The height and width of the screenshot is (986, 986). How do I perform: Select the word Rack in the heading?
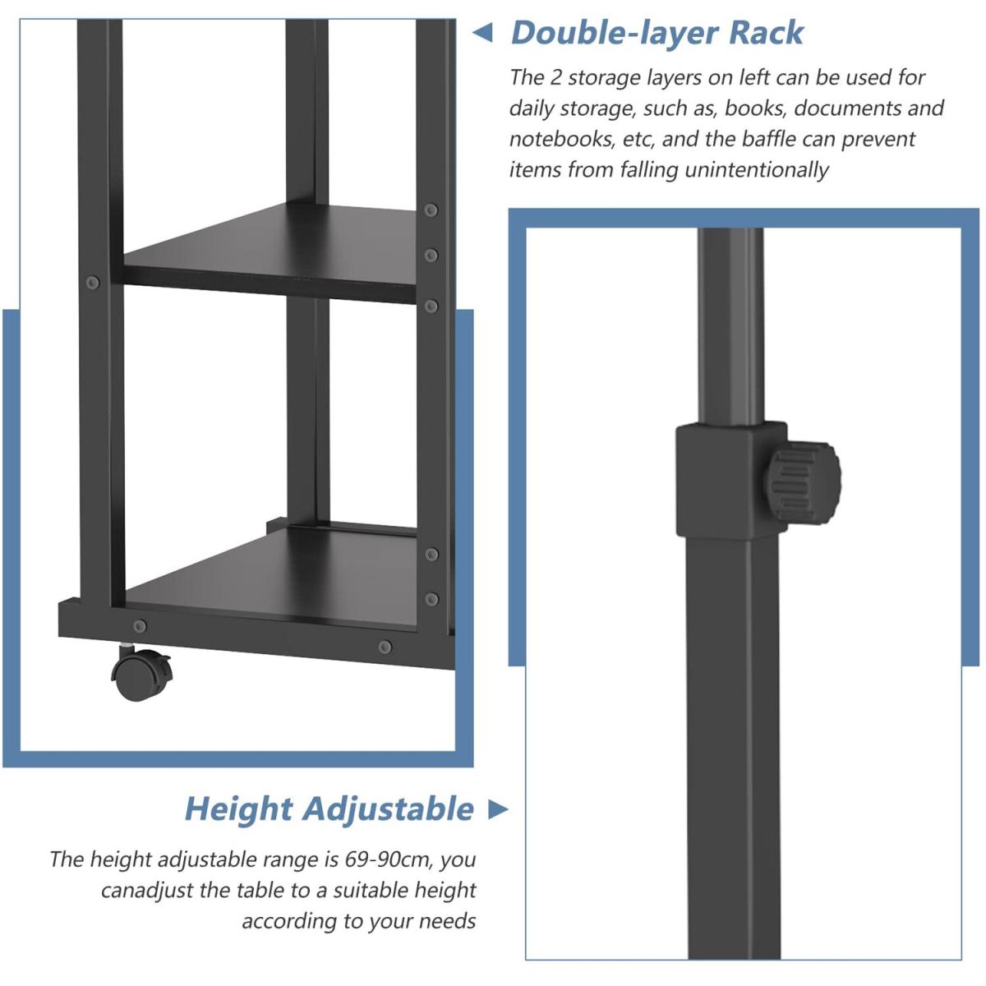pos(766,33)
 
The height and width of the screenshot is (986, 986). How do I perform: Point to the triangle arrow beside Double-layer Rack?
pos(482,33)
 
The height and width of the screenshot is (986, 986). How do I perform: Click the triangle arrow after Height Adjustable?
pos(498,809)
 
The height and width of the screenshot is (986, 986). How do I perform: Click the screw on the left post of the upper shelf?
pos(93,283)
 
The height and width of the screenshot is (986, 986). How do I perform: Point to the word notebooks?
pos(560,139)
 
